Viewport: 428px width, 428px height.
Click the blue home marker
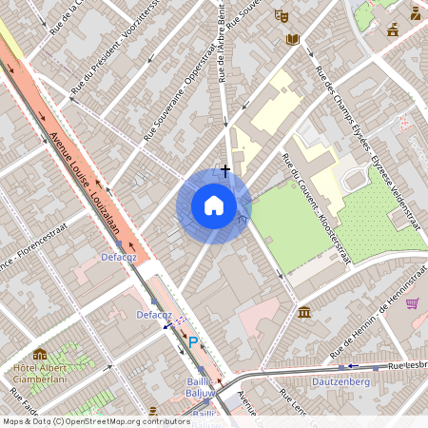214,204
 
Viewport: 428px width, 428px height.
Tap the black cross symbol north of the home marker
224,170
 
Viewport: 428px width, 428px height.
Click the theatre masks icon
281,16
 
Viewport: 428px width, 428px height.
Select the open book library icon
293,39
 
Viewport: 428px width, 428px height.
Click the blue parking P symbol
193,342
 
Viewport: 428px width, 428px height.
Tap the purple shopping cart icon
412,303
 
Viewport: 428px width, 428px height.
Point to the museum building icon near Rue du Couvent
303,312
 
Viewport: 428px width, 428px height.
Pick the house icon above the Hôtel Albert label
40,355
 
